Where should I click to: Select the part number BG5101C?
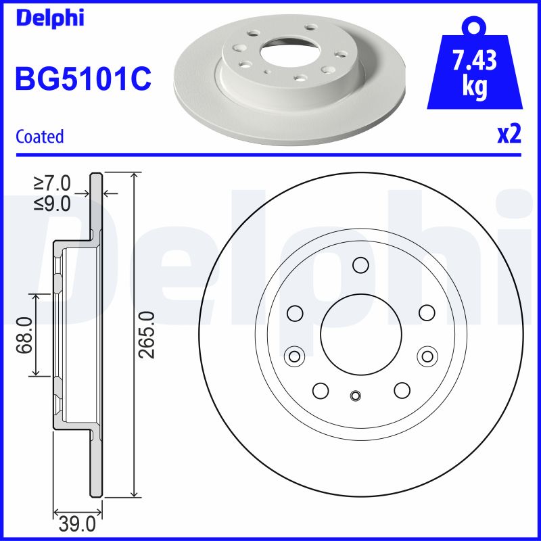pos(83,80)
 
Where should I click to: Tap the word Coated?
pos(39,137)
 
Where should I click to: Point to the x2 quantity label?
pos(509,134)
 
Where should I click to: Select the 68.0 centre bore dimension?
pos(26,335)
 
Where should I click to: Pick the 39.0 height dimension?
pos(78,523)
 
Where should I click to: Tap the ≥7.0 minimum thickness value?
pos(52,183)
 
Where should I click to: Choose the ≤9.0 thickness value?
pos(52,202)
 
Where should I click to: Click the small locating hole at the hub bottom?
pos(356,396)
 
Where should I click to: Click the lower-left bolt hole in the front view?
pos(321,390)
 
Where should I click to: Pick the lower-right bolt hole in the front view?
pos(402,390)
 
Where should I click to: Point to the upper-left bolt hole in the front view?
pos(294,312)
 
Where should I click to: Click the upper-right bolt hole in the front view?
pos(426,312)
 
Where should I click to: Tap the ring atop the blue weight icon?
pos(475,26)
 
